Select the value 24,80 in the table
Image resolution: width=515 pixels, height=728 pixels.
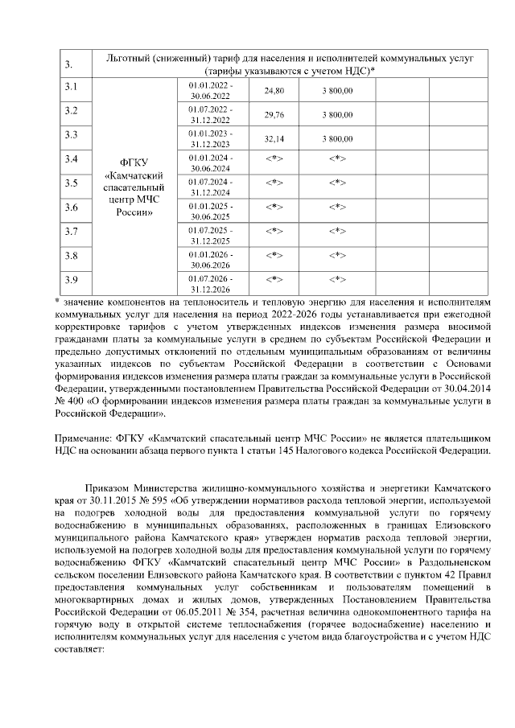coord(274,91)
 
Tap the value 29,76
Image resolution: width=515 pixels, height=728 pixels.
coord(274,114)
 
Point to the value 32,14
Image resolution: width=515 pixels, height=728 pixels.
coord(274,138)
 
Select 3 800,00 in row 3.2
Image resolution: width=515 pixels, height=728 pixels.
coord(338,114)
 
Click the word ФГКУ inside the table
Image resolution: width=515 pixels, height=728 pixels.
coord(134,162)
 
